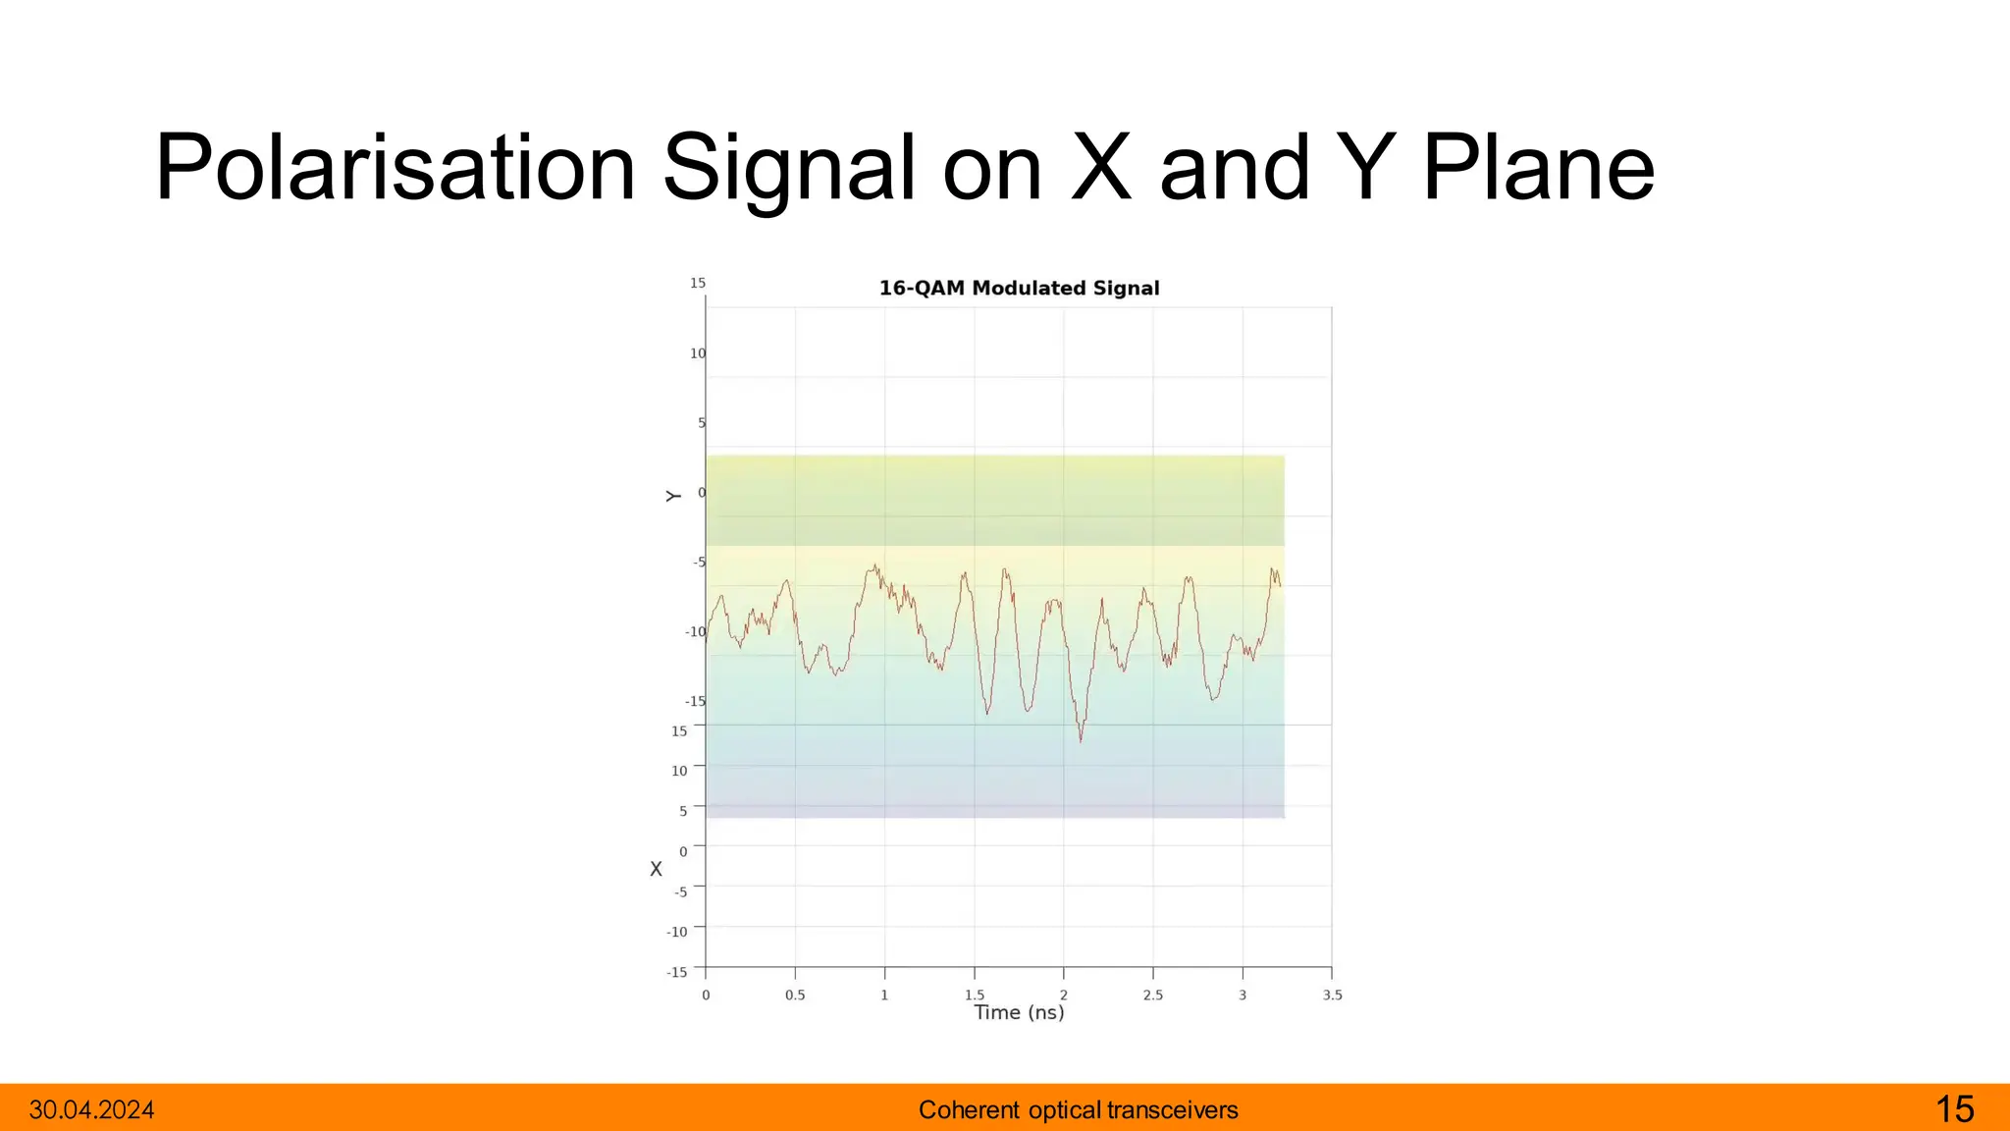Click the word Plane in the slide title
click(1538, 169)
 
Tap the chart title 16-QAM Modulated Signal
click(1019, 289)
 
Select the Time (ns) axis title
click(1019, 1012)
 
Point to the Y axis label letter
click(673, 496)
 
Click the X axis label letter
click(656, 869)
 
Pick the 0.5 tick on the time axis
click(795, 995)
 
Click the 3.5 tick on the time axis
click(1332, 995)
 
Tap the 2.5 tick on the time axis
click(1153, 995)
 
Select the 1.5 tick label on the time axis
click(974, 995)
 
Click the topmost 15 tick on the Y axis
click(697, 284)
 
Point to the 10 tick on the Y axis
click(697, 353)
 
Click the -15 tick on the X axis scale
click(677, 972)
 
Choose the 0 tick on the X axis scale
click(683, 851)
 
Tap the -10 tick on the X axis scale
click(677, 932)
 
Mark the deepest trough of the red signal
click(1081, 738)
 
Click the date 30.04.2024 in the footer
click(91, 1110)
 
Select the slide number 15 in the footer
click(1954, 1109)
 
